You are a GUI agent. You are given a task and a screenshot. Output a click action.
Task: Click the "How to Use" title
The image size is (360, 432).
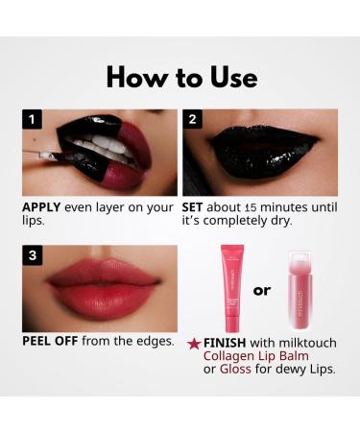(180, 76)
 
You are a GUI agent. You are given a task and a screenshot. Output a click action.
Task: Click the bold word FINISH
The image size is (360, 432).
(226, 342)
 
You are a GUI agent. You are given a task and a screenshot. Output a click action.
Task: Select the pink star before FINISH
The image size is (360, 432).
(194, 342)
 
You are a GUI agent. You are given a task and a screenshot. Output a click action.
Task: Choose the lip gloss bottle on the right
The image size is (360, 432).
(304, 289)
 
